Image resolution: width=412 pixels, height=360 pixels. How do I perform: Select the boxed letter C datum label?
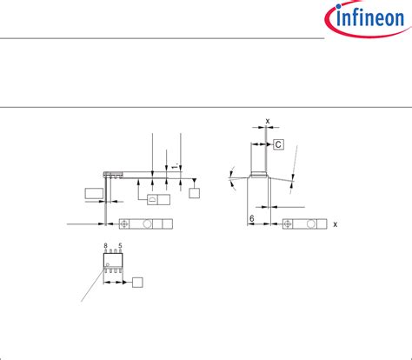[x=279, y=144]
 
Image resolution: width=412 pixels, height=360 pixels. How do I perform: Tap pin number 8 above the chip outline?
[x=105, y=247]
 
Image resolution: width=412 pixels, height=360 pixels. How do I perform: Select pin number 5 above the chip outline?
[x=121, y=247]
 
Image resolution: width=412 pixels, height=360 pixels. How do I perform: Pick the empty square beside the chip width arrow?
[x=137, y=283]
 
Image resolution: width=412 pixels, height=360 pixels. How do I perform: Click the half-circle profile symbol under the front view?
[x=151, y=199]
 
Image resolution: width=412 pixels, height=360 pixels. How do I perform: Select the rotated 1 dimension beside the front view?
[x=175, y=165]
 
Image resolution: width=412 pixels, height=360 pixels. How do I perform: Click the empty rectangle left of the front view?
[x=93, y=192]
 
